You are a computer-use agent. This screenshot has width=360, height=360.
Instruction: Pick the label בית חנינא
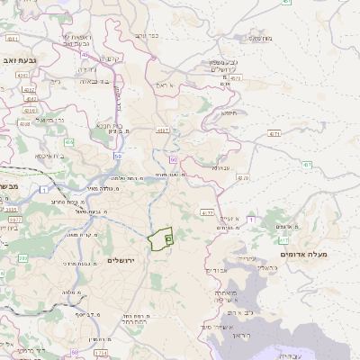coord(103,125)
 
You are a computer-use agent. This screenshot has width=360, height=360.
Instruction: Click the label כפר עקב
coord(148,35)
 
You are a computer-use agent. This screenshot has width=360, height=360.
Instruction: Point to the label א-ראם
coord(168,85)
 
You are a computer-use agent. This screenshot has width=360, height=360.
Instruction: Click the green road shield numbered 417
coord(284,240)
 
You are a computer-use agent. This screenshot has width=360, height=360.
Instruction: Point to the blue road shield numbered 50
coord(117,156)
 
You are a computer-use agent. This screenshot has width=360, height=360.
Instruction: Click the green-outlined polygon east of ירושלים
coord(160,238)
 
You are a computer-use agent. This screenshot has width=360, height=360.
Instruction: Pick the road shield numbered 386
coord(22,258)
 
